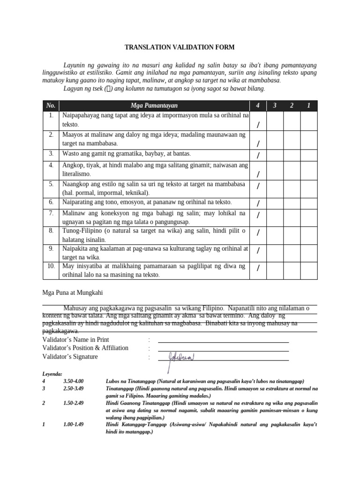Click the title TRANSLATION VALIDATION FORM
pos(180,47)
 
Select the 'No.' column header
pos(51,106)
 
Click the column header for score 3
pos(275,106)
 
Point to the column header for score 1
pos(308,106)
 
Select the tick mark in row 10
pos(258,268)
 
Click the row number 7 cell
pos(51,213)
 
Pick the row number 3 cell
pos(51,153)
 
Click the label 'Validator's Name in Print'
pos(75,339)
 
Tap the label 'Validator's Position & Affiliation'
pos(85,348)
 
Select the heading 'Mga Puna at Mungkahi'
pos(73,292)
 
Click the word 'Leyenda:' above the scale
pos(52,374)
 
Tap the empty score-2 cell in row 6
pos(292,203)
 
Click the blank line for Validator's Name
pos(223,341)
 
